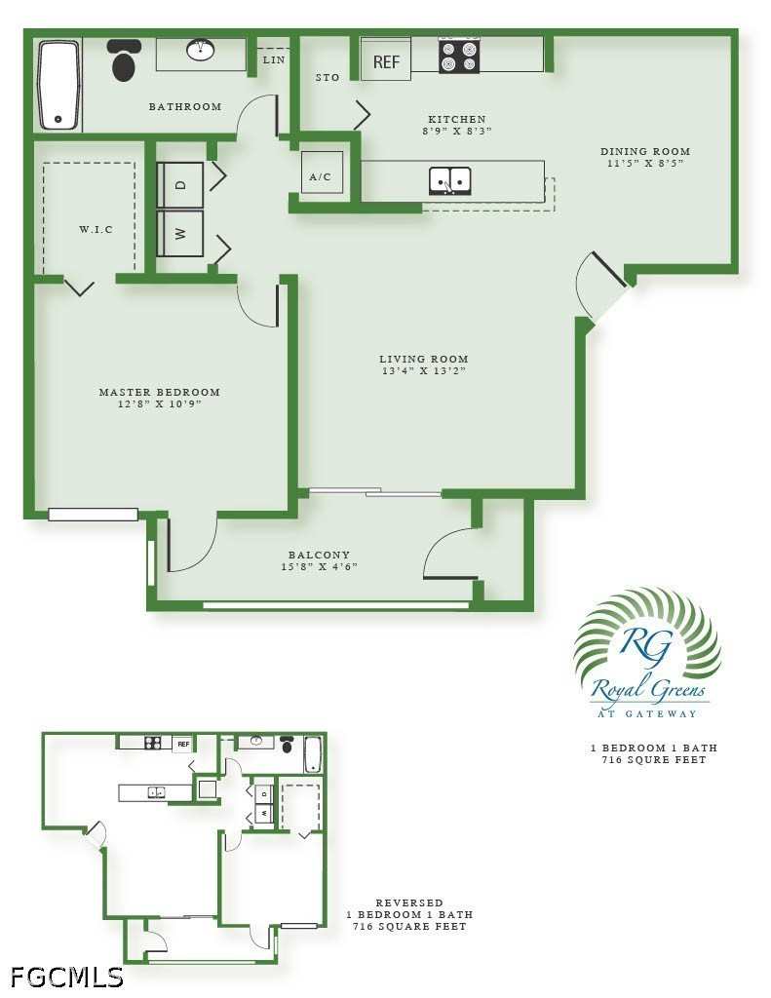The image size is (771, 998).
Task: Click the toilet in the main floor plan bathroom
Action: click(125, 58)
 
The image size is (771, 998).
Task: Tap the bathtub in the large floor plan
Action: click(59, 86)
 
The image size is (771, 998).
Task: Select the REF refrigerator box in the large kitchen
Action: click(386, 61)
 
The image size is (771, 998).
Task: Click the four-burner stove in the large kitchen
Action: click(458, 56)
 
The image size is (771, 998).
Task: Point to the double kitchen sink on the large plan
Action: click(449, 180)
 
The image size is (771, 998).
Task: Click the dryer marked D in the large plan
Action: click(180, 184)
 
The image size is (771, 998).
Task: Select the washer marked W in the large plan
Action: click(180, 234)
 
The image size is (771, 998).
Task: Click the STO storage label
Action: click(328, 78)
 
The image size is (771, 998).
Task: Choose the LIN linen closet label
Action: click(274, 59)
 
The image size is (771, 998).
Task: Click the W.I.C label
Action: click(96, 229)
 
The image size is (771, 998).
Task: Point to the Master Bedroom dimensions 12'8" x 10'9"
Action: click(159, 404)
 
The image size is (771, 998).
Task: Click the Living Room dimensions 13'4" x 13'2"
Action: click(424, 371)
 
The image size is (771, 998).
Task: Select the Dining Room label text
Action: click(645, 151)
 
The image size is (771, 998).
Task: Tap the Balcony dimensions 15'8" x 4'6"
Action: click(319, 566)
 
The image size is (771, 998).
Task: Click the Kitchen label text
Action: click(456, 119)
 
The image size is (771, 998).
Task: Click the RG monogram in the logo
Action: click(646, 645)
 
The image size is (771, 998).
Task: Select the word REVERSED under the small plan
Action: click(408, 902)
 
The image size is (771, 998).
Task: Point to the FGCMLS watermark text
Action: click(67, 977)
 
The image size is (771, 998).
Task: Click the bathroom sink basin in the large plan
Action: click(201, 51)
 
